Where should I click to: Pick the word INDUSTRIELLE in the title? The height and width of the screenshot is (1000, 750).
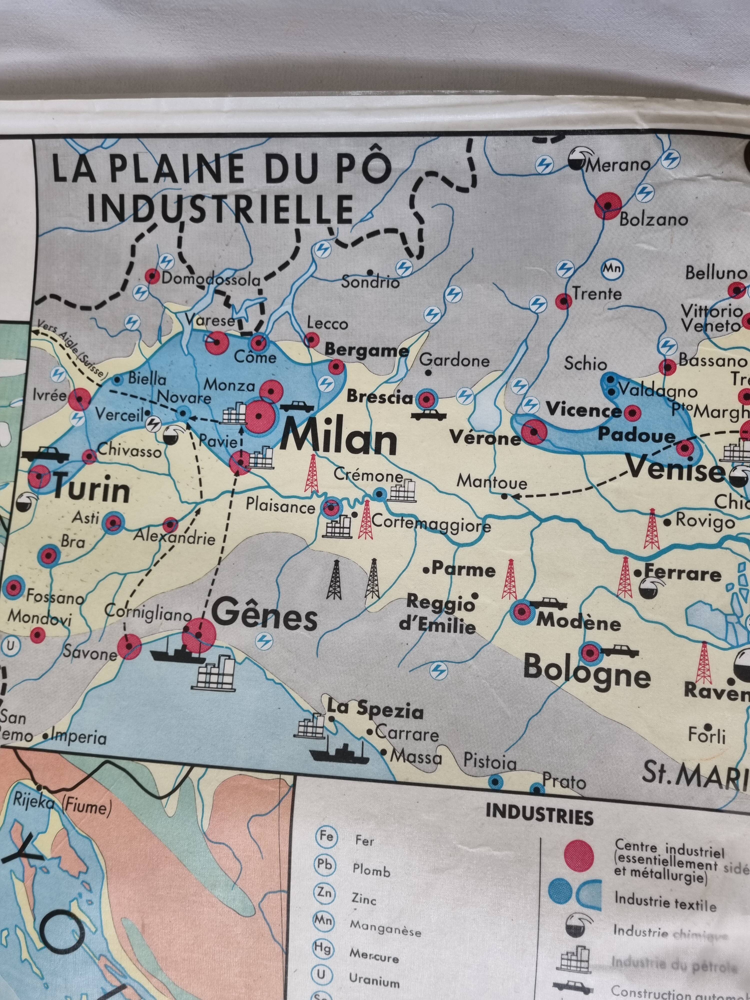(220, 208)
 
